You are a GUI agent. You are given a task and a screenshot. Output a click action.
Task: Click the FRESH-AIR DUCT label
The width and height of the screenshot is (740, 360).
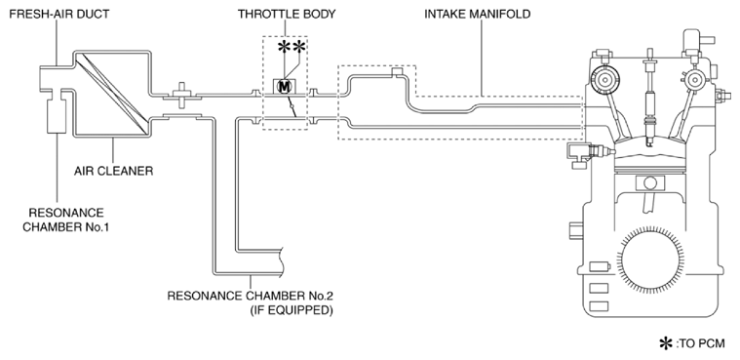(59, 14)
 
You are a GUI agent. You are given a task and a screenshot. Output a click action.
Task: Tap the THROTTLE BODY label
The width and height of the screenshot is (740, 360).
(287, 14)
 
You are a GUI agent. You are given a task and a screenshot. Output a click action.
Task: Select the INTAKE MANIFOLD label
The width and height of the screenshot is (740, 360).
(477, 14)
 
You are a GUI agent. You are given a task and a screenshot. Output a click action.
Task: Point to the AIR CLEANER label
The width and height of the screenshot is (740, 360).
(114, 171)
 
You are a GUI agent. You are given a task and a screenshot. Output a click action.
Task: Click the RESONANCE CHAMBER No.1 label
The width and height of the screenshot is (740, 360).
(66, 220)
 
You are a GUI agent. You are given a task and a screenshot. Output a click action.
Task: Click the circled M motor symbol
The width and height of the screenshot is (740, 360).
(284, 86)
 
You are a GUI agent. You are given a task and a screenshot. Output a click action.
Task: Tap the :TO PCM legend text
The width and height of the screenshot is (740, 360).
(700, 343)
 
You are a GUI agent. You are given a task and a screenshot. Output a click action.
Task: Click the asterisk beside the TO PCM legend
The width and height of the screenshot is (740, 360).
(666, 343)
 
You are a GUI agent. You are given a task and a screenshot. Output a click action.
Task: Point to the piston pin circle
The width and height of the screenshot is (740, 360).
(650, 182)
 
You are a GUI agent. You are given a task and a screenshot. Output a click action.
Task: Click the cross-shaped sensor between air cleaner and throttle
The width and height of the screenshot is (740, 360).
(181, 93)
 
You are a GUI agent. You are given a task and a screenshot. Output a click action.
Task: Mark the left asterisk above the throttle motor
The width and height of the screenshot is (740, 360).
(284, 46)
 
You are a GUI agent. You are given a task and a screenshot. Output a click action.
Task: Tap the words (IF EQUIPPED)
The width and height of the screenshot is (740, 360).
(296, 311)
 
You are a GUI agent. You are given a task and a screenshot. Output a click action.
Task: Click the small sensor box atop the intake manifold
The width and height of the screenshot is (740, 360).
(398, 72)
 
